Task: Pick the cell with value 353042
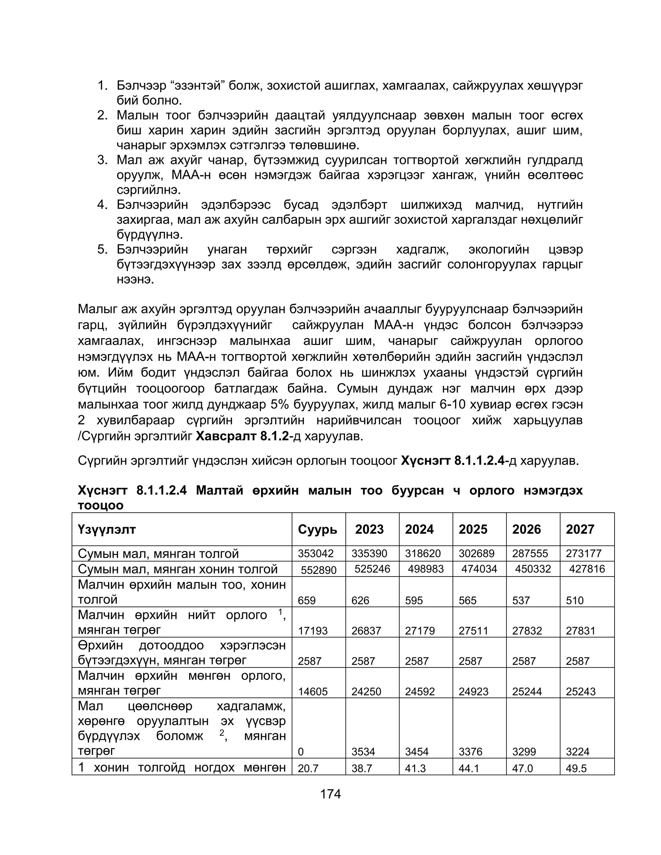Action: [316, 554]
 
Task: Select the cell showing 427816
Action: [586, 569]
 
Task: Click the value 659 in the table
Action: [307, 600]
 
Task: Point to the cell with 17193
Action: [312, 631]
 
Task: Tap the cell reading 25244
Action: [527, 692]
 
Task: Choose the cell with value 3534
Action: [363, 752]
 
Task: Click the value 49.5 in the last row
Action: [576, 769]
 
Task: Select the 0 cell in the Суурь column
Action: [301, 752]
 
